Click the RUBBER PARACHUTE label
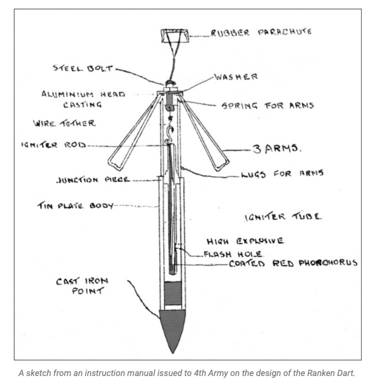tap(261, 33)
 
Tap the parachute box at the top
tap(175, 36)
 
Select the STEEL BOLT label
tap(83, 68)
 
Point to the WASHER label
tap(236, 77)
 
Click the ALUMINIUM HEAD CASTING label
tap(83, 99)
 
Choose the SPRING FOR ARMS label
tap(268, 106)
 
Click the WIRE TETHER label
tap(64, 123)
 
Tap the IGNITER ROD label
tap(53, 145)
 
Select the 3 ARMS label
tap(276, 149)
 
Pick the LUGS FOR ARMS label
tap(282, 174)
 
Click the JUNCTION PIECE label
tap(93, 180)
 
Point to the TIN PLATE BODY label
tap(75, 206)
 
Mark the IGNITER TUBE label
tap(283, 216)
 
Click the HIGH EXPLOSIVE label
tap(245, 241)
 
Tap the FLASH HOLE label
tap(233, 254)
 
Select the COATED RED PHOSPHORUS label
tap(293, 264)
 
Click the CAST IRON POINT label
tap(83, 286)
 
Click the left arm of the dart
tap(134, 135)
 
